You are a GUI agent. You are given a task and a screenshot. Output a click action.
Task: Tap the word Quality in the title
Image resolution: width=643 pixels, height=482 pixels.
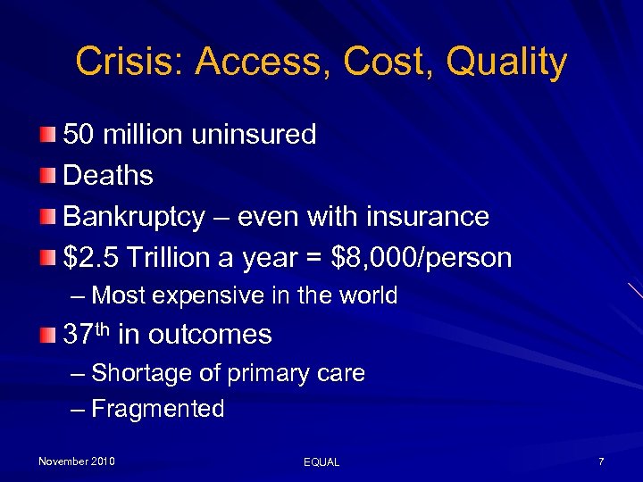pyautogui.click(x=506, y=62)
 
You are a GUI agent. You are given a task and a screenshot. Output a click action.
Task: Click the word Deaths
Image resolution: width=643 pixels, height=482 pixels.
pyautogui.click(x=108, y=176)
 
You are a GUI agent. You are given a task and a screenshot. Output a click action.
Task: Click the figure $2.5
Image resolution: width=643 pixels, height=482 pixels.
pyautogui.click(x=92, y=258)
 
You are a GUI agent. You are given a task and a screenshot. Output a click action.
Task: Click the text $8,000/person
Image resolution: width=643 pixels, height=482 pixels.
pyautogui.click(x=421, y=258)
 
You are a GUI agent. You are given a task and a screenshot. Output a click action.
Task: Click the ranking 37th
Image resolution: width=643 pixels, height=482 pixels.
pyautogui.click(x=86, y=335)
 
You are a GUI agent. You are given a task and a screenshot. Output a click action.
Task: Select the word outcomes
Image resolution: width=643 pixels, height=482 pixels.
pyautogui.click(x=210, y=335)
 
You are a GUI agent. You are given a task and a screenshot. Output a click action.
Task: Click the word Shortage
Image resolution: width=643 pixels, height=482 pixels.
pyautogui.click(x=137, y=373)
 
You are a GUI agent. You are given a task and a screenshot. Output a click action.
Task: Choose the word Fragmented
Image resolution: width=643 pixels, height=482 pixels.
pyautogui.click(x=158, y=410)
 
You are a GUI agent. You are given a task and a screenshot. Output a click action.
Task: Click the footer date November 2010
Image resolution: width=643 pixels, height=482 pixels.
pyautogui.click(x=76, y=461)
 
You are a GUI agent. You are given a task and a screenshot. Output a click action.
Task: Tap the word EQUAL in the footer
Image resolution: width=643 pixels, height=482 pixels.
pyautogui.click(x=321, y=462)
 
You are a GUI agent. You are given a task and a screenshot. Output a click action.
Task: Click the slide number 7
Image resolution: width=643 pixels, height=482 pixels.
pyautogui.click(x=601, y=461)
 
